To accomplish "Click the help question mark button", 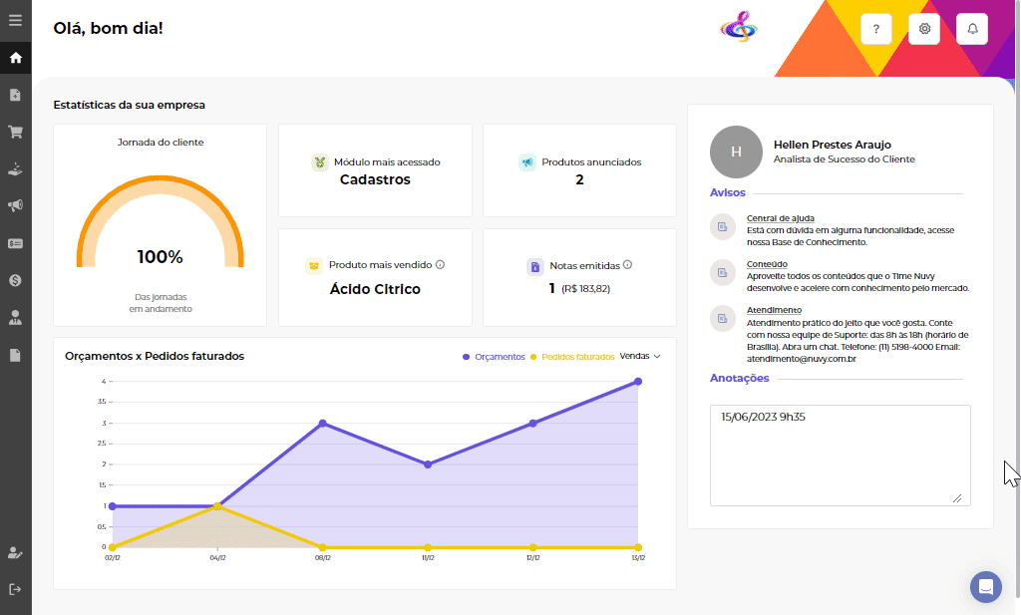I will pyautogui.click(x=875, y=30).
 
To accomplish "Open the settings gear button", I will pyautogui.click(x=924, y=30).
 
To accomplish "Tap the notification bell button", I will pyautogui.click(x=972, y=30).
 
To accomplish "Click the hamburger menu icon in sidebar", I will pyautogui.click(x=15, y=20).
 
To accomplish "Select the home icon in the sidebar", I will pyautogui.click(x=15, y=58).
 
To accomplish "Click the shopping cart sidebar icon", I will pyautogui.click(x=15, y=132).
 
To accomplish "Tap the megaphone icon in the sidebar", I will pyautogui.click(x=15, y=206).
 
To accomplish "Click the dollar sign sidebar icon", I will pyautogui.click(x=15, y=280).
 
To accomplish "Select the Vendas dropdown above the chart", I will pyautogui.click(x=640, y=356).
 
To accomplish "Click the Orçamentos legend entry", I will pyautogui.click(x=495, y=357).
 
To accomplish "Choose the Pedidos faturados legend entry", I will pyautogui.click(x=573, y=357).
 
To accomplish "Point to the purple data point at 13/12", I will pyautogui.click(x=638, y=382).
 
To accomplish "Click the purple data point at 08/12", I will pyautogui.click(x=323, y=423).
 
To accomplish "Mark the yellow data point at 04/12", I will pyautogui.click(x=217, y=506).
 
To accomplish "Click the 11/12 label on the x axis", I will pyautogui.click(x=428, y=558).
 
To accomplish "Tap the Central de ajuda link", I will pyautogui.click(x=781, y=218).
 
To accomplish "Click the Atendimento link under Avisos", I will pyautogui.click(x=774, y=310).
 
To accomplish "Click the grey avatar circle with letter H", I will pyautogui.click(x=736, y=152).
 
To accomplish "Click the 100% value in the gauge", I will pyautogui.click(x=160, y=257).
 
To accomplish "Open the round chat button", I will pyautogui.click(x=986, y=586).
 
